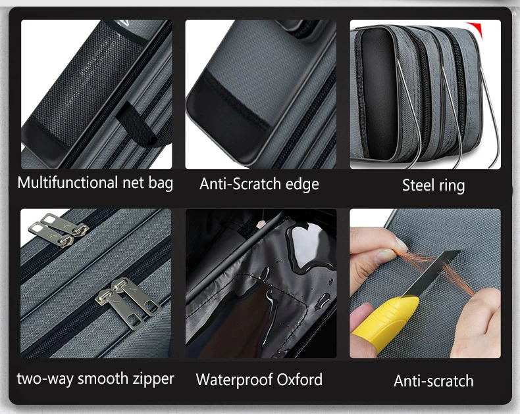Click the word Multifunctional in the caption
coord(68,183)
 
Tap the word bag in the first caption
coord(161,183)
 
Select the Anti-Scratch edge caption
coord(259,184)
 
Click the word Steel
coord(418,185)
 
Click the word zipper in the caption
coord(153,379)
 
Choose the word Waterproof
coord(234,380)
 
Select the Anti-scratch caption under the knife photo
coord(434,381)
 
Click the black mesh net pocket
coord(90,83)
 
